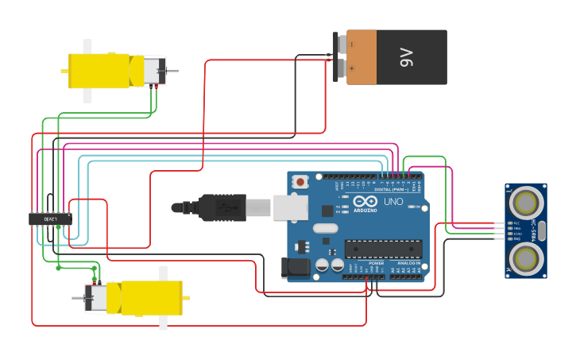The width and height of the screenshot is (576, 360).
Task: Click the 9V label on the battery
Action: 407,57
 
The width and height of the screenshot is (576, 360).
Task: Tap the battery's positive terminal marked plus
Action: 340,70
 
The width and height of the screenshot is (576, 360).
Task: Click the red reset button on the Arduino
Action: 300,182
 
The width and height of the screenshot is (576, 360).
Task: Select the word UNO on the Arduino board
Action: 394,201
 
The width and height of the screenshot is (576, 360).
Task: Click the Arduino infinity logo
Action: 365,201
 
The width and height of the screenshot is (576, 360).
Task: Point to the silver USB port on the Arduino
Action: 290,207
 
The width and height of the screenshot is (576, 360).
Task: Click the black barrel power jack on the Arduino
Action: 296,269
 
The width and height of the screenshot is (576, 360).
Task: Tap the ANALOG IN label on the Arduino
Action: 408,263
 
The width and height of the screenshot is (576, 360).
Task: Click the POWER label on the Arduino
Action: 376,263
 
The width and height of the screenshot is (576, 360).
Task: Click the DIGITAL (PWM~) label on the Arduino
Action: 391,189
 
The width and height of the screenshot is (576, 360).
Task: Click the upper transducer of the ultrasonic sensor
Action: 526,199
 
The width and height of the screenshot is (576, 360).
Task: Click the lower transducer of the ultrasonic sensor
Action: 526,257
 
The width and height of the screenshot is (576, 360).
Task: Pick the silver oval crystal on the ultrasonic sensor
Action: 542,231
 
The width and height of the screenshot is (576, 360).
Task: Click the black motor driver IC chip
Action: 49,219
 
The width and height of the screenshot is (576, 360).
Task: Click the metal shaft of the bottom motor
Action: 78,298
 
